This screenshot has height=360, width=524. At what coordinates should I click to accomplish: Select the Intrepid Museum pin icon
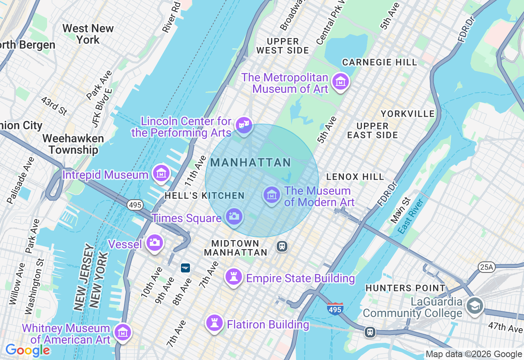[161, 174]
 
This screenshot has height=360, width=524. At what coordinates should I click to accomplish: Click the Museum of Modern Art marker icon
[271, 196]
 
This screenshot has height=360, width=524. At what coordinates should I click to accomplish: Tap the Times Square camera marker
[234, 216]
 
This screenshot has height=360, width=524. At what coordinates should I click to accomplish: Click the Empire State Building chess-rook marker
[234, 277]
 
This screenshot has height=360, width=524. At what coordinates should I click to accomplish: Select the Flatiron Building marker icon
[214, 323]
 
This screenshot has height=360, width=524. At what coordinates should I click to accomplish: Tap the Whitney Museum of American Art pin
[122, 333]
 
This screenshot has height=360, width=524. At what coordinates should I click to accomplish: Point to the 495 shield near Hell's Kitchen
[135, 205]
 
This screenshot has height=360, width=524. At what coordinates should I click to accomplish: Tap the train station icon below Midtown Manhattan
[282, 246]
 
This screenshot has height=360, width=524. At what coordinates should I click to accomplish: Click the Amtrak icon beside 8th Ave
[185, 268]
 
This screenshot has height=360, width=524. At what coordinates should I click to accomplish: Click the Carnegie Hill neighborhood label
[379, 62]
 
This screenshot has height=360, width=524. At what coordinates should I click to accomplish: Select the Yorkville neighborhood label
[407, 113]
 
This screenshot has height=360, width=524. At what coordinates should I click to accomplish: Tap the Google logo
[27, 351]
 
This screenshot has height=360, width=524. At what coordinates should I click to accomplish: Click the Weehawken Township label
[73, 144]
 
